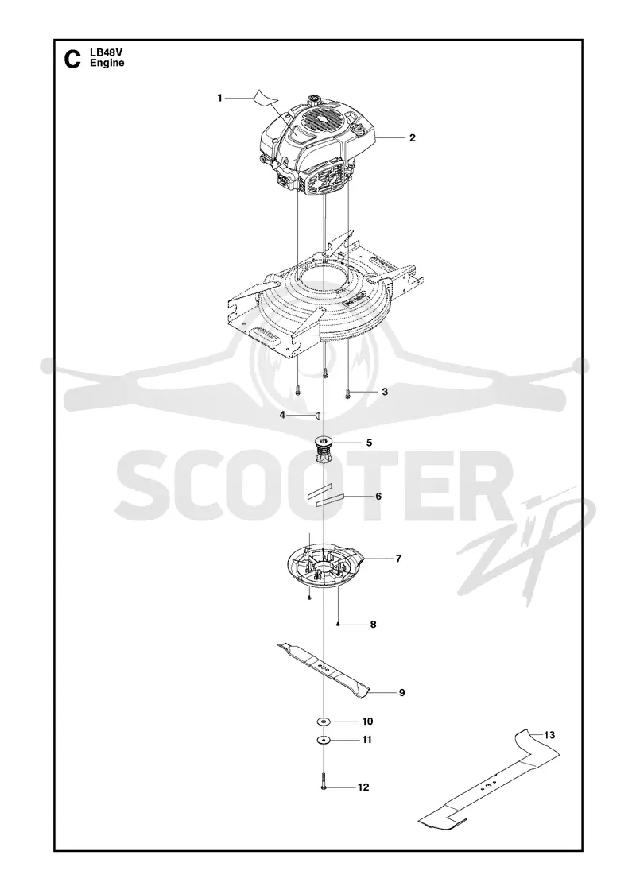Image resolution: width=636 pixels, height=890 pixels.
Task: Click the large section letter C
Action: click(x=72, y=59)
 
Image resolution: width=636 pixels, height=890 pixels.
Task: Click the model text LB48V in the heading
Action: click(x=103, y=53)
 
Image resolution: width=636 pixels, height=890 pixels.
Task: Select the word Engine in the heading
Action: click(x=107, y=63)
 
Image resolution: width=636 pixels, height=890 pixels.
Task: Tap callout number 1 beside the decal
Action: click(x=219, y=99)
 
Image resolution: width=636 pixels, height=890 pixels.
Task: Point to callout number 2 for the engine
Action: click(x=413, y=137)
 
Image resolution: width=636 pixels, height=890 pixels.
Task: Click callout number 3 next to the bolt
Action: click(x=385, y=392)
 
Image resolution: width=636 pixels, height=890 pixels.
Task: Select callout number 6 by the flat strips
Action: click(x=378, y=496)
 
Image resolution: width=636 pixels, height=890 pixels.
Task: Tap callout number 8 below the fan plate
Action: click(x=373, y=625)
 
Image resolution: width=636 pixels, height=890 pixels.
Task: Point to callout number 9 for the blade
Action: click(x=401, y=692)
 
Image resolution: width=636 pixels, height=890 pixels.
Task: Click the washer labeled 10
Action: click(x=324, y=722)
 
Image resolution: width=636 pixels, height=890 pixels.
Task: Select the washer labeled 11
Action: click(x=324, y=740)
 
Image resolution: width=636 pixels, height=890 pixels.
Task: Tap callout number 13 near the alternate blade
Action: click(x=549, y=735)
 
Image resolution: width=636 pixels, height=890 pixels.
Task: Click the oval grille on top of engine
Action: click(x=324, y=121)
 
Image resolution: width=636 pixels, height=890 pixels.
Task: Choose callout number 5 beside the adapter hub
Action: click(x=369, y=442)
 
